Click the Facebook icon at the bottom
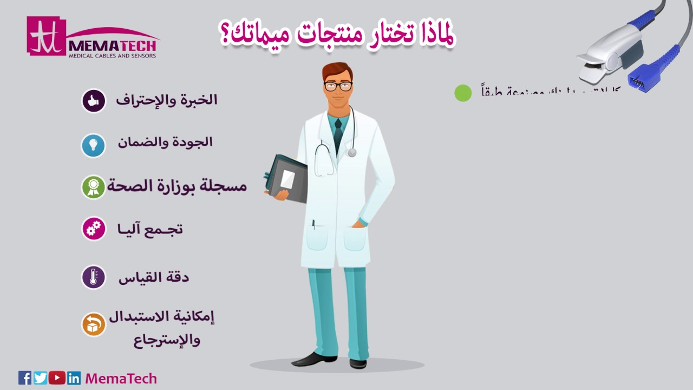click(25, 378)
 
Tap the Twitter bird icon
click(41, 378)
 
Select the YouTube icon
click(57, 378)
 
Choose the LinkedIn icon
click(74, 378)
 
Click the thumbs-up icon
click(93, 101)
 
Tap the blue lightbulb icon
click(93, 145)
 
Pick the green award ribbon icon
click(93, 187)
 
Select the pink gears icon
click(94, 229)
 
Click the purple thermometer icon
click(93, 277)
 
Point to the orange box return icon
click(94, 324)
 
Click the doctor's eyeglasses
click(338, 86)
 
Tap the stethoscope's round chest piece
click(352, 153)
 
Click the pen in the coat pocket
click(313, 224)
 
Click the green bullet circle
click(463, 93)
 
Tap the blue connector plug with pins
click(643, 77)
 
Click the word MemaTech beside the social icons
click(121, 378)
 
